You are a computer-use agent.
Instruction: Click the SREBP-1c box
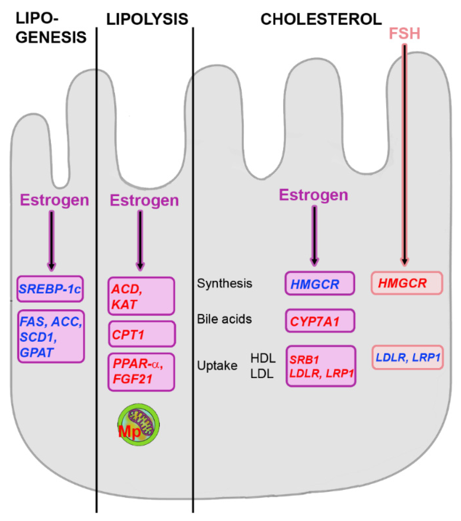[50, 289]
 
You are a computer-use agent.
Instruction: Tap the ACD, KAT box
[141, 296]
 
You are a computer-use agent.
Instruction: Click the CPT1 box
[142, 334]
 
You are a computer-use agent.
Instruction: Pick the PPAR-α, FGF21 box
[141, 371]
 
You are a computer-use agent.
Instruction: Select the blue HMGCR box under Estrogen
[319, 283]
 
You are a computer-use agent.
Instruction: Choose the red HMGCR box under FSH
[407, 283]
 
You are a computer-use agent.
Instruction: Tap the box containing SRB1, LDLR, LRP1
[321, 366]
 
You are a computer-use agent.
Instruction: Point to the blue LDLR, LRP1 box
[407, 357]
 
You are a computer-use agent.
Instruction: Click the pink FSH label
[404, 34]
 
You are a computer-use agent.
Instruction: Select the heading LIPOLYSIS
[147, 19]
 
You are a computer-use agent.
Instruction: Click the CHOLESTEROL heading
[321, 19]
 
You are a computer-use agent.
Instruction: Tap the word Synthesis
[224, 283]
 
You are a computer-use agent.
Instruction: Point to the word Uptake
[217, 366]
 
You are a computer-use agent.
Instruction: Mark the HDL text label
[263, 358]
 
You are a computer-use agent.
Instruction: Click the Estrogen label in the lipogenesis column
[54, 200]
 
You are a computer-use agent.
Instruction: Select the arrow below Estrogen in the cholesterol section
[314, 236]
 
